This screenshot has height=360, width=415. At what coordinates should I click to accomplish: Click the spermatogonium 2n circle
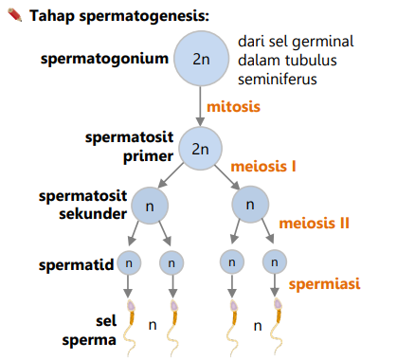(200, 59)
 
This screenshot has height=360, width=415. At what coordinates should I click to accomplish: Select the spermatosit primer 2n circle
(200, 149)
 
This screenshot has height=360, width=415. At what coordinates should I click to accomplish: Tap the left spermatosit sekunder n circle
(150, 205)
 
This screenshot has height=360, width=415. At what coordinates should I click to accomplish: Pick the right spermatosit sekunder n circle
(250, 205)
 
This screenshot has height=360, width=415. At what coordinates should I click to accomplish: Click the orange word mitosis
(233, 107)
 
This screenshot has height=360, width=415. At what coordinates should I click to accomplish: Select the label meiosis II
(314, 224)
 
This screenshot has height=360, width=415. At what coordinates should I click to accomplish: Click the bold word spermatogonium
(105, 59)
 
